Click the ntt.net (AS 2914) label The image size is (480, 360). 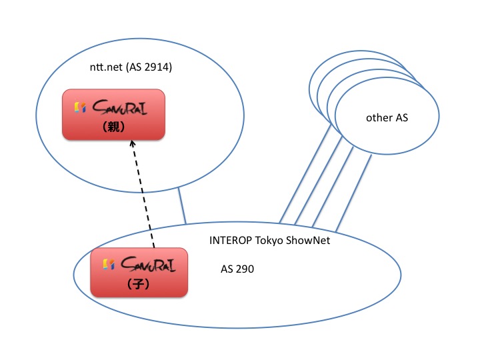point(131,67)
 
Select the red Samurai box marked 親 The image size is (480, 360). point(113,115)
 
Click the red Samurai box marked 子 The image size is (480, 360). point(139,273)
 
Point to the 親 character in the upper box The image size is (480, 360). point(113,127)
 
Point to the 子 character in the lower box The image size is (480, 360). point(138,284)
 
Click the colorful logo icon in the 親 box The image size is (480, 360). point(80,107)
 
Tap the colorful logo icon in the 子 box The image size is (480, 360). point(109,265)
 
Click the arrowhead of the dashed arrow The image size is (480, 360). point(132,143)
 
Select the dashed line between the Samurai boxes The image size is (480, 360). point(143,194)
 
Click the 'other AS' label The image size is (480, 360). point(387,118)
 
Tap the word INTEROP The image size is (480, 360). point(230,240)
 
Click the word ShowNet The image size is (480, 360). point(308,240)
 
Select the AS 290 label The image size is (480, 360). point(237,269)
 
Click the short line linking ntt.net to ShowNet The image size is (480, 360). point(182,205)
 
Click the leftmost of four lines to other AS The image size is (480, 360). point(305,174)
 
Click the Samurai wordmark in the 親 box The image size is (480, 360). point(120,107)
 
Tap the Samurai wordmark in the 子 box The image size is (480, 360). point(148,265)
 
